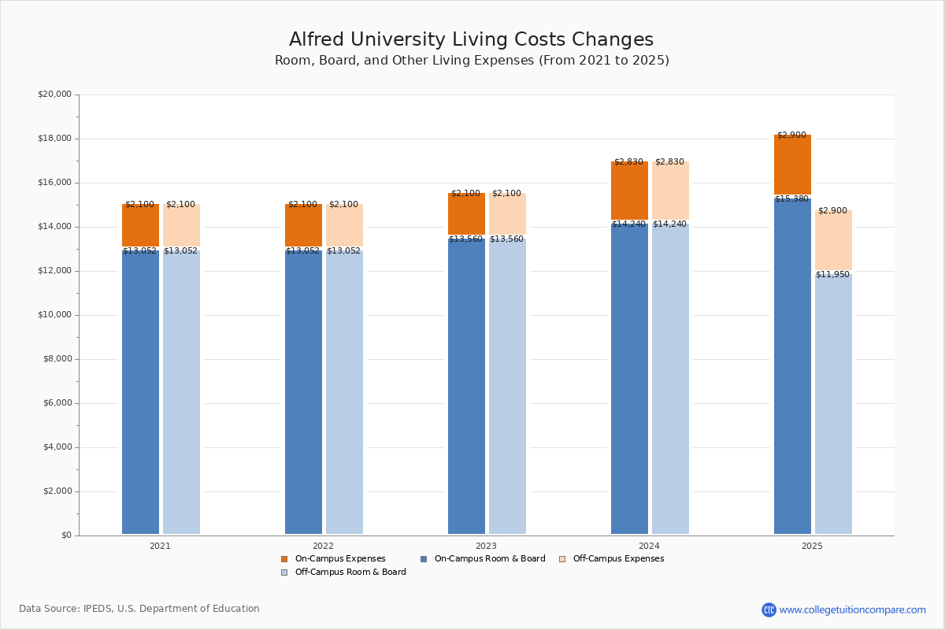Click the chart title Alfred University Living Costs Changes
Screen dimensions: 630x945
(x=471, y=40)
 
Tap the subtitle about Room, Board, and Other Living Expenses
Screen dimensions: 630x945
(x=472, y=61)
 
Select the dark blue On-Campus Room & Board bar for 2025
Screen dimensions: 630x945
(x=792, y=370)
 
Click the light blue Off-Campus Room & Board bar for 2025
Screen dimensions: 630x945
(x=833, y=406)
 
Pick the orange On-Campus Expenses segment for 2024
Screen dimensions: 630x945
(x=629, y=191)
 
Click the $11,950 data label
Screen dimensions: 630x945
(x=832, y=275)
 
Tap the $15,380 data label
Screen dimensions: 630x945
(x=791, y=199)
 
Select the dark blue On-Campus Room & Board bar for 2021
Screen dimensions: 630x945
(x=140, y=394)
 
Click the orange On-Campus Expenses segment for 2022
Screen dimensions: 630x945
(x=303, y=226)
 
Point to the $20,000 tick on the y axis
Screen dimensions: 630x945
(x=54, y=94)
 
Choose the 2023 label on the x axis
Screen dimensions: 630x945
(x=486, y=546)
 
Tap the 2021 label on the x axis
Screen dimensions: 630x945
(x=160, y=546)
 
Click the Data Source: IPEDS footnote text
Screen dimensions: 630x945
(x=139, y=609)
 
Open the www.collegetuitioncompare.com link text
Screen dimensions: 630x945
(x=852, y=610)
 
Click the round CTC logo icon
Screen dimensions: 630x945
(x=769, y=610)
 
